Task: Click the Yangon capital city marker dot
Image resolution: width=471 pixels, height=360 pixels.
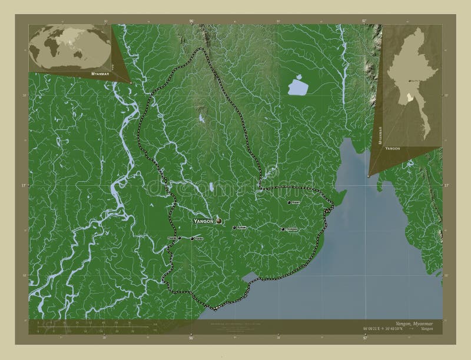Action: tap(218, 221)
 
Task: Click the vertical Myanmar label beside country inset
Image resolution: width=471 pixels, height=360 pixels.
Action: tap(380, 135)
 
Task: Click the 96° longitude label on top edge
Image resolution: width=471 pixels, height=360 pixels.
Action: tap(191, 21)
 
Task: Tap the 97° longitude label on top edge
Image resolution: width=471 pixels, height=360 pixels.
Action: tap(365, 21)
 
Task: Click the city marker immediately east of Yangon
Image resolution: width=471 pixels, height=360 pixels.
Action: tap(234, 228)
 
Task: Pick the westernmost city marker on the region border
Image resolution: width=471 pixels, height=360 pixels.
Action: tap(179, 238)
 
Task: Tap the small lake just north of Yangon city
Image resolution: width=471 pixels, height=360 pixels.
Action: tap(210, 189)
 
